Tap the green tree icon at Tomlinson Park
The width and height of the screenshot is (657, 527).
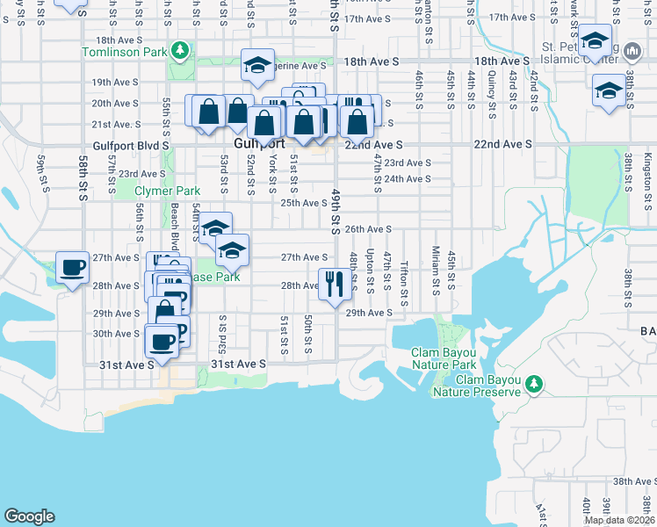[180, 50]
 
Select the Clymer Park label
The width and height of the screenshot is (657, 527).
[167, 191]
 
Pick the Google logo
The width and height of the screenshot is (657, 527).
[29, 516]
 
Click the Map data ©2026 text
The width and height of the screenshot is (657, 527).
[620, 520]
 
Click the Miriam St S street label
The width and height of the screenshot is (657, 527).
[435, 276]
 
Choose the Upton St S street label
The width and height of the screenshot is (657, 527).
[370, 270]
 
